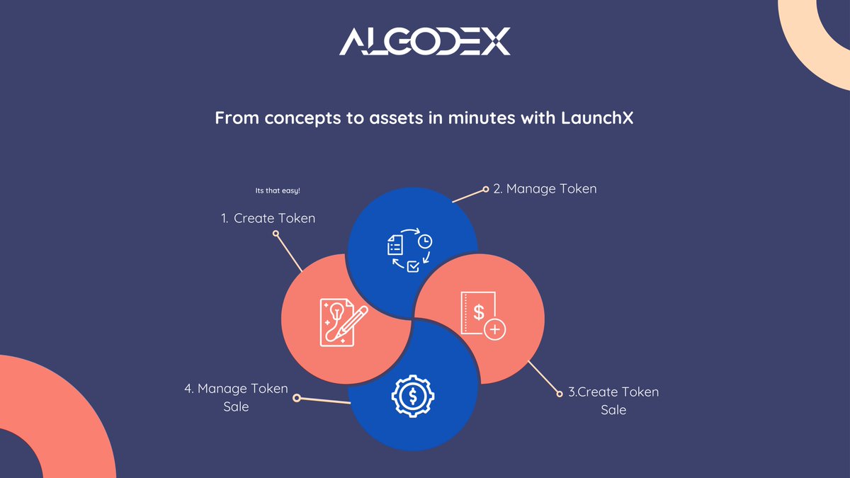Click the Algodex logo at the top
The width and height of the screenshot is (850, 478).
coord(424,42)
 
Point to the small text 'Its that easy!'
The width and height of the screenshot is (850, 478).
coord(278,191)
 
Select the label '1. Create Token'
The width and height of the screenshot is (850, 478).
coord(268,219)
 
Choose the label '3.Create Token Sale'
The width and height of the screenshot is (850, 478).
coord(613,401)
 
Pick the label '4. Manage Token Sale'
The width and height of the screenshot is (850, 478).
coord(236,397)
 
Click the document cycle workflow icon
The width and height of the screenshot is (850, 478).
coord(409,250)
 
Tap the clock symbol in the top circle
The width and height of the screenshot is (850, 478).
coord(424,241)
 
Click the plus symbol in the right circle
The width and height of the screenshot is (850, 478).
coord(495,329)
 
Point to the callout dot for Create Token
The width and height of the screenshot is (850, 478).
coord(276,232)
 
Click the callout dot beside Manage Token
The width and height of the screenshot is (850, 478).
coord(486,189)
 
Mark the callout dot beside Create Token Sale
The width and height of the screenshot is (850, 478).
coord(557,392)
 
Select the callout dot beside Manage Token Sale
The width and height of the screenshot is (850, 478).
coord(297,398)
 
